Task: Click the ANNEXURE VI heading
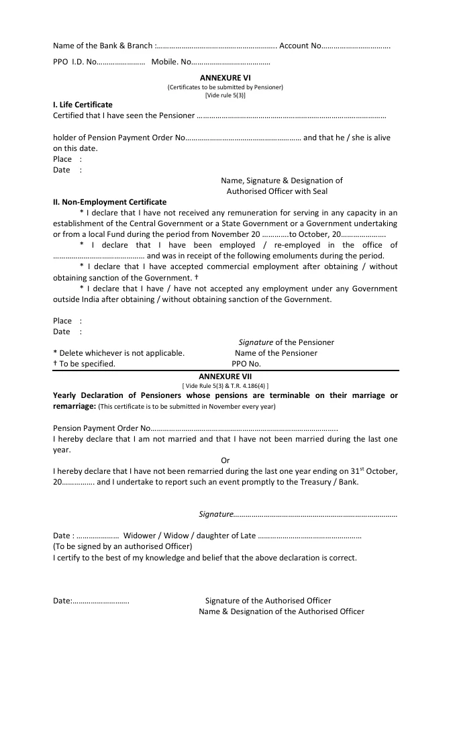(225, 78)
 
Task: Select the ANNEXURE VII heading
(225, 377)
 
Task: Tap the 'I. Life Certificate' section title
(83, 105)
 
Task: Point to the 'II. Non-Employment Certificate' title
(109, 202)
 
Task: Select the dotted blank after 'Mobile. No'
(230, 63)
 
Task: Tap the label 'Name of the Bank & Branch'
(103, 46)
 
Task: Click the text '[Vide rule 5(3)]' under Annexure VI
(225, 95)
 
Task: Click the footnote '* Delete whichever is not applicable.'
(119, 353)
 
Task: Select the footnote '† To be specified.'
(84, 364)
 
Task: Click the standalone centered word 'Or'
(225, 460)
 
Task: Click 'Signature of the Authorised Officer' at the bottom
(268, 601)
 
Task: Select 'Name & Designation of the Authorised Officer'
(281, 611)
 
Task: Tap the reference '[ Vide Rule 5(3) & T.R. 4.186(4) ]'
(225, 386)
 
